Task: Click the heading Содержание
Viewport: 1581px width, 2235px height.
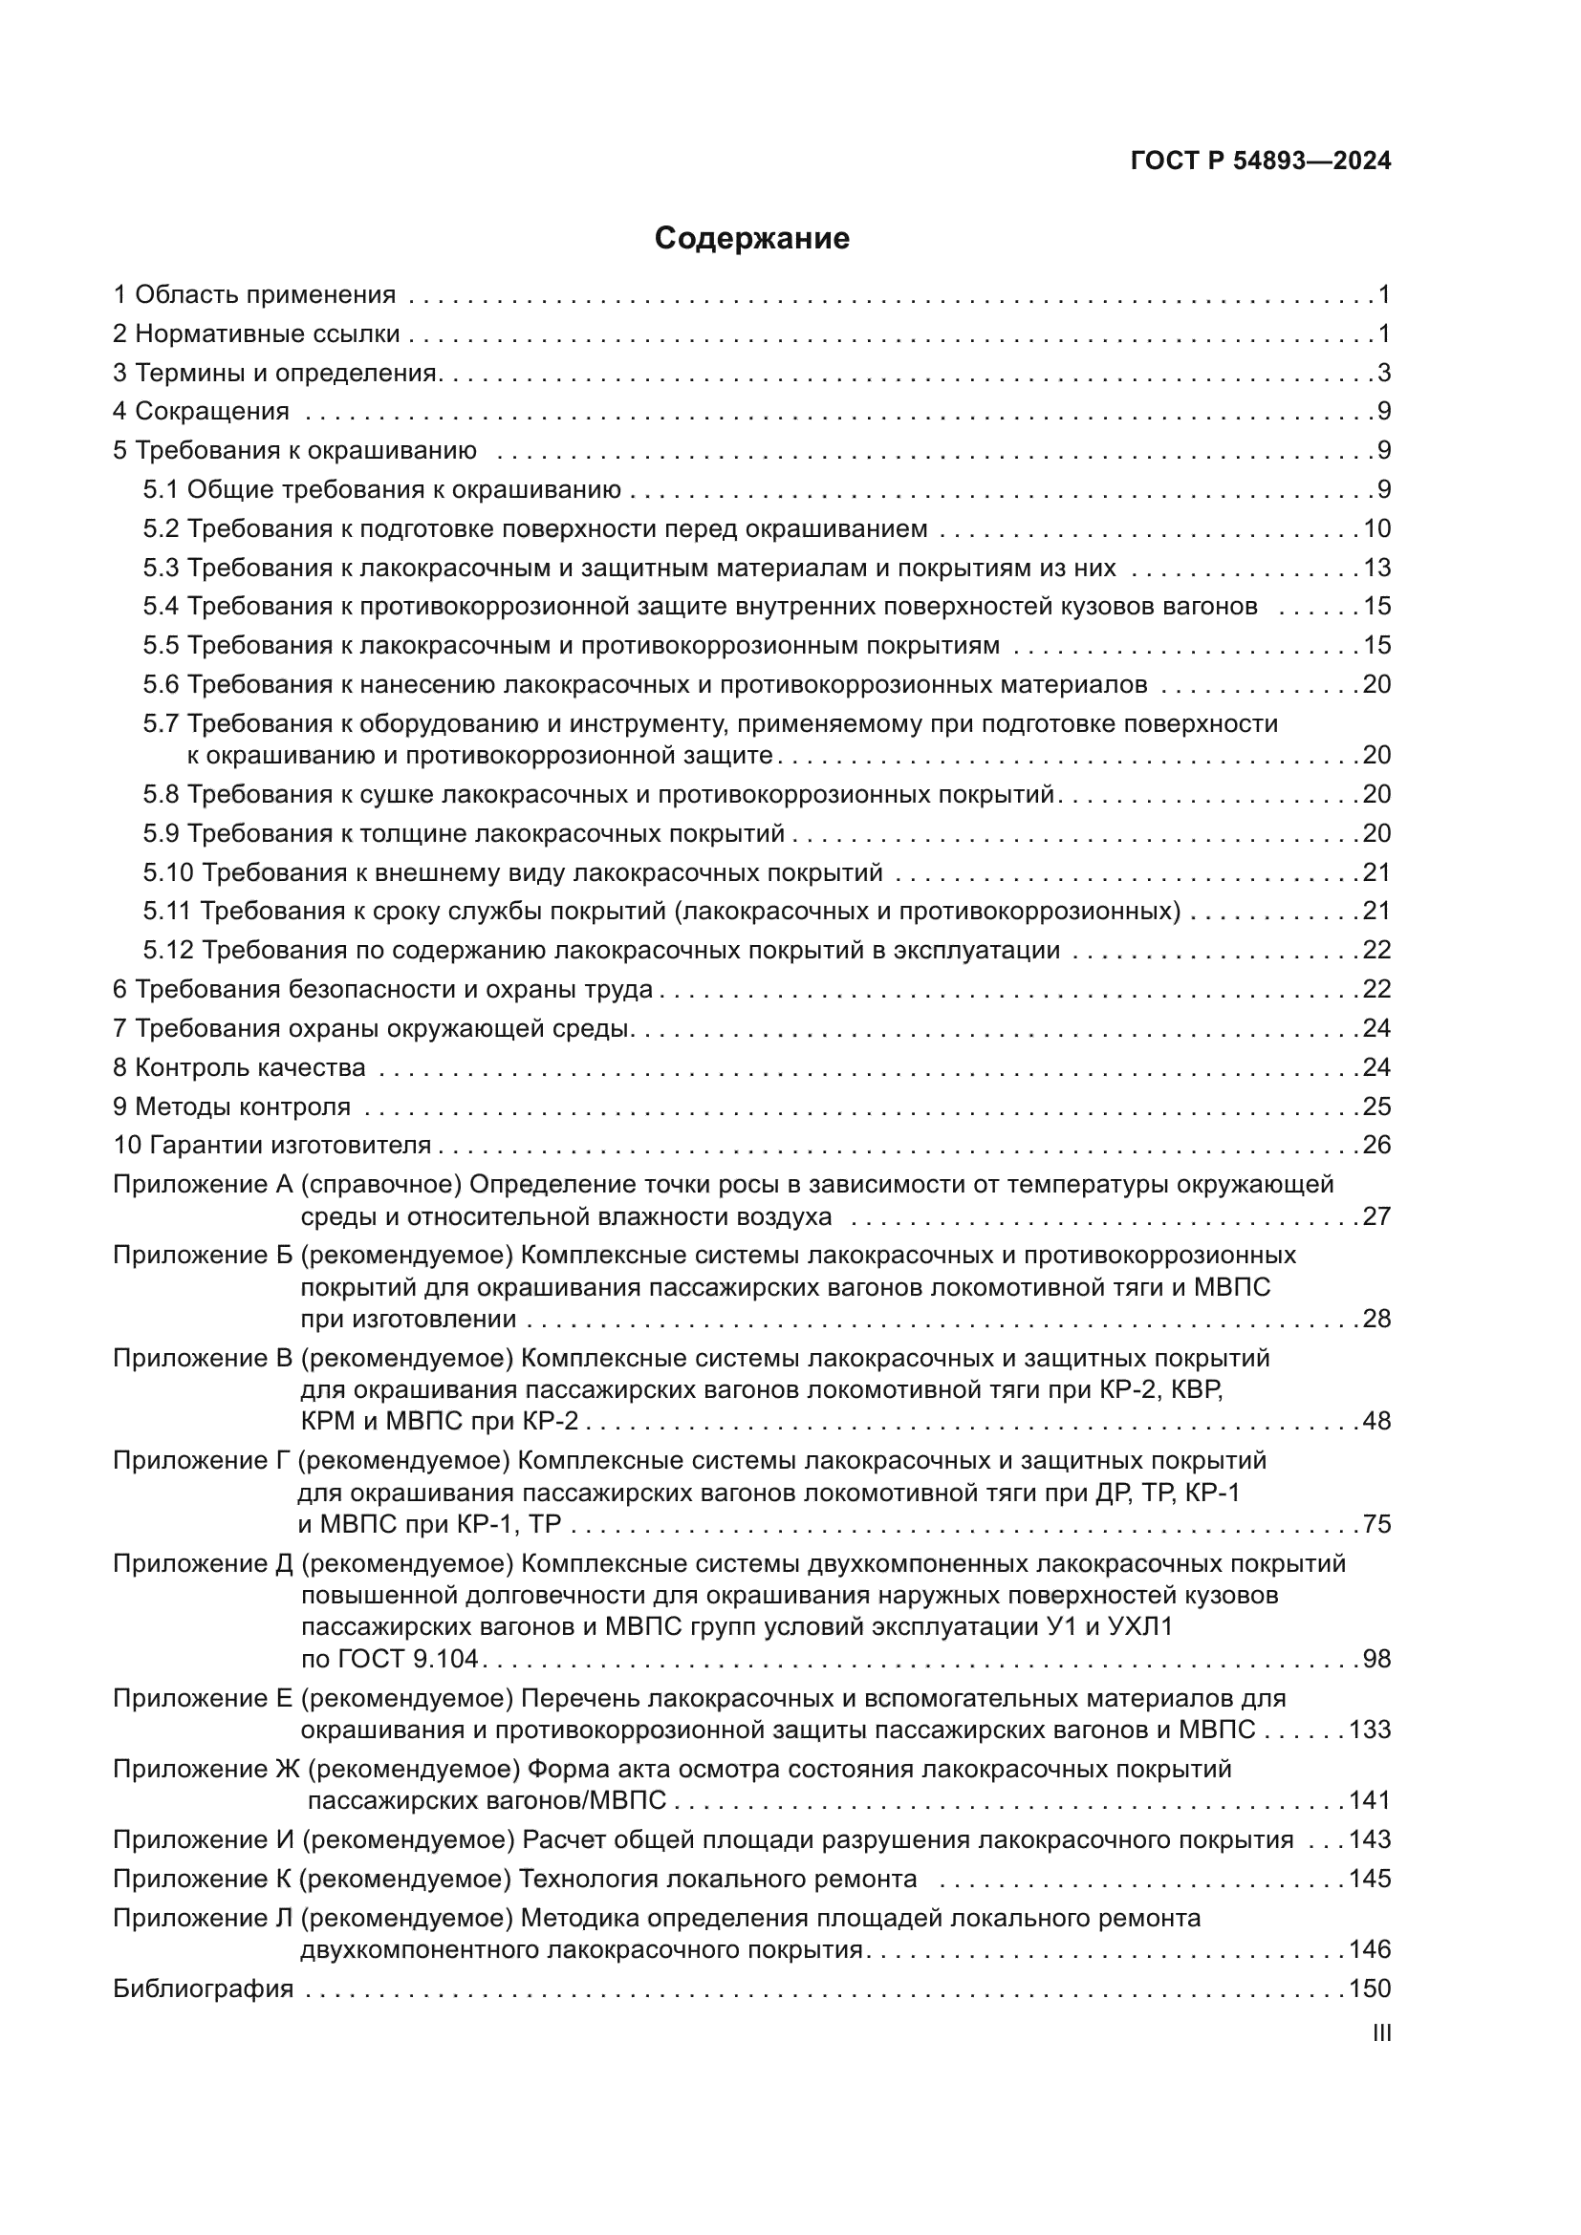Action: coord(751,239)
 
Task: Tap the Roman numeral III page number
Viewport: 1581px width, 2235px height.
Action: coord(1380,2033)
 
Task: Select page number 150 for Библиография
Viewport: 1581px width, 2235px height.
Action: coord(1370,1988)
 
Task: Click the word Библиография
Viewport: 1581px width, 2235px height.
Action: coord(203,1988)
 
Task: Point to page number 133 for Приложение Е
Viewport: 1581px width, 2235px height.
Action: coord(1370,1730)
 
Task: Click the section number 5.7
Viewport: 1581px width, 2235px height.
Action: coord(162,723)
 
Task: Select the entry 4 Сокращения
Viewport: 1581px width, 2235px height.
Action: coord(201,411)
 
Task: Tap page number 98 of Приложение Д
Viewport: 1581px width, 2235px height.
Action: coord(1376,1659)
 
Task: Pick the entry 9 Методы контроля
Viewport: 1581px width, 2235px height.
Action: coord(231,1107)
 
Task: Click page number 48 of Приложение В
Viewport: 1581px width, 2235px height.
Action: coord(1376,1421)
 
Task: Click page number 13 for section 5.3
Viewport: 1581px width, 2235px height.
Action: coord(1376,568)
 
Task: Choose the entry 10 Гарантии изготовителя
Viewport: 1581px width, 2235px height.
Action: coord(271,1145)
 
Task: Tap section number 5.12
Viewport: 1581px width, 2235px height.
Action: coord(168,950)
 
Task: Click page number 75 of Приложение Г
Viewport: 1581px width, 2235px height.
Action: coord(1376,1523)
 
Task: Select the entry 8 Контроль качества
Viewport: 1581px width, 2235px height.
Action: coord(240,1068)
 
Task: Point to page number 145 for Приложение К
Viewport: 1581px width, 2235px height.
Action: coord(1370,1878)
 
